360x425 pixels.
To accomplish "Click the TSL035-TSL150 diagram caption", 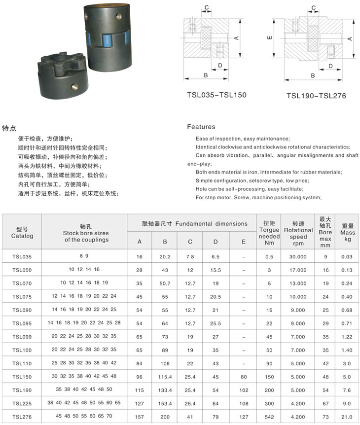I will [216, 95].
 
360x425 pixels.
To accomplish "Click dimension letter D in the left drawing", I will [220, 65].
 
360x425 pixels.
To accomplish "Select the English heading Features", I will [201, 127].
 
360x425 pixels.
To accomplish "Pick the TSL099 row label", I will [22, 336].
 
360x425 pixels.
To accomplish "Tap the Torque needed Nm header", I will [269, 229].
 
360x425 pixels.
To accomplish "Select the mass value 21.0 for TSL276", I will [347, 416].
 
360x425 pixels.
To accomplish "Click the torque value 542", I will [269, 416].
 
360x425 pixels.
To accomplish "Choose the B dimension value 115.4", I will [164, 376].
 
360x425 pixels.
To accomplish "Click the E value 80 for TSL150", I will [244, 376].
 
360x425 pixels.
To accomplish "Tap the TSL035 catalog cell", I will [22, 256].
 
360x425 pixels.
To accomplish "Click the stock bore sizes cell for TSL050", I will [84, 270].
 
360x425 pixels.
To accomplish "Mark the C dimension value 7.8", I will [190, 256].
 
